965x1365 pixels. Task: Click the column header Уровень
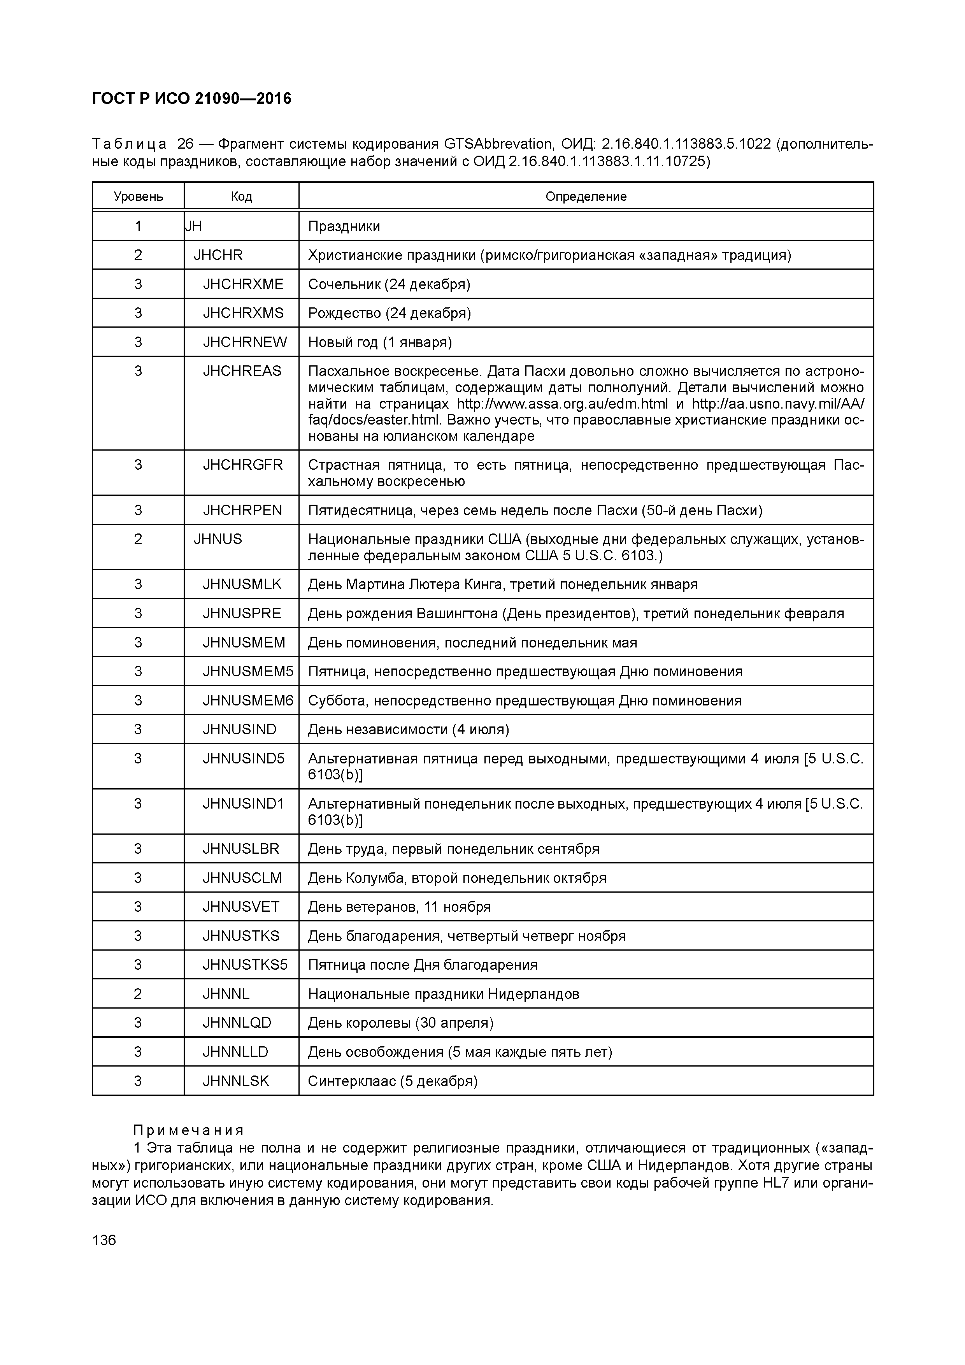tap(139, 196)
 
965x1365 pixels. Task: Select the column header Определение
tap(586, 196)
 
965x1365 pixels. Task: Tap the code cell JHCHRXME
tap(243, 284)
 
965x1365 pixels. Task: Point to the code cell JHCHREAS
tap(242, 371)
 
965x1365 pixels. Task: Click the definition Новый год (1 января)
tap(380, 342)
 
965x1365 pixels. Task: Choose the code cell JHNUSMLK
tap(242, 584)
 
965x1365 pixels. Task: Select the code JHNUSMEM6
tap(248, 701)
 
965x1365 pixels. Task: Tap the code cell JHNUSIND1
tap(243, 804)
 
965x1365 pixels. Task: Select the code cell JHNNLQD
tap(237, 1023)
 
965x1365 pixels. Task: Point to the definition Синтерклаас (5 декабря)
tap(393, 1081)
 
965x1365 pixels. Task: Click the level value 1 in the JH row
tap(138, 226)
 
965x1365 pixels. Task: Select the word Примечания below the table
tap(188, 1130)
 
